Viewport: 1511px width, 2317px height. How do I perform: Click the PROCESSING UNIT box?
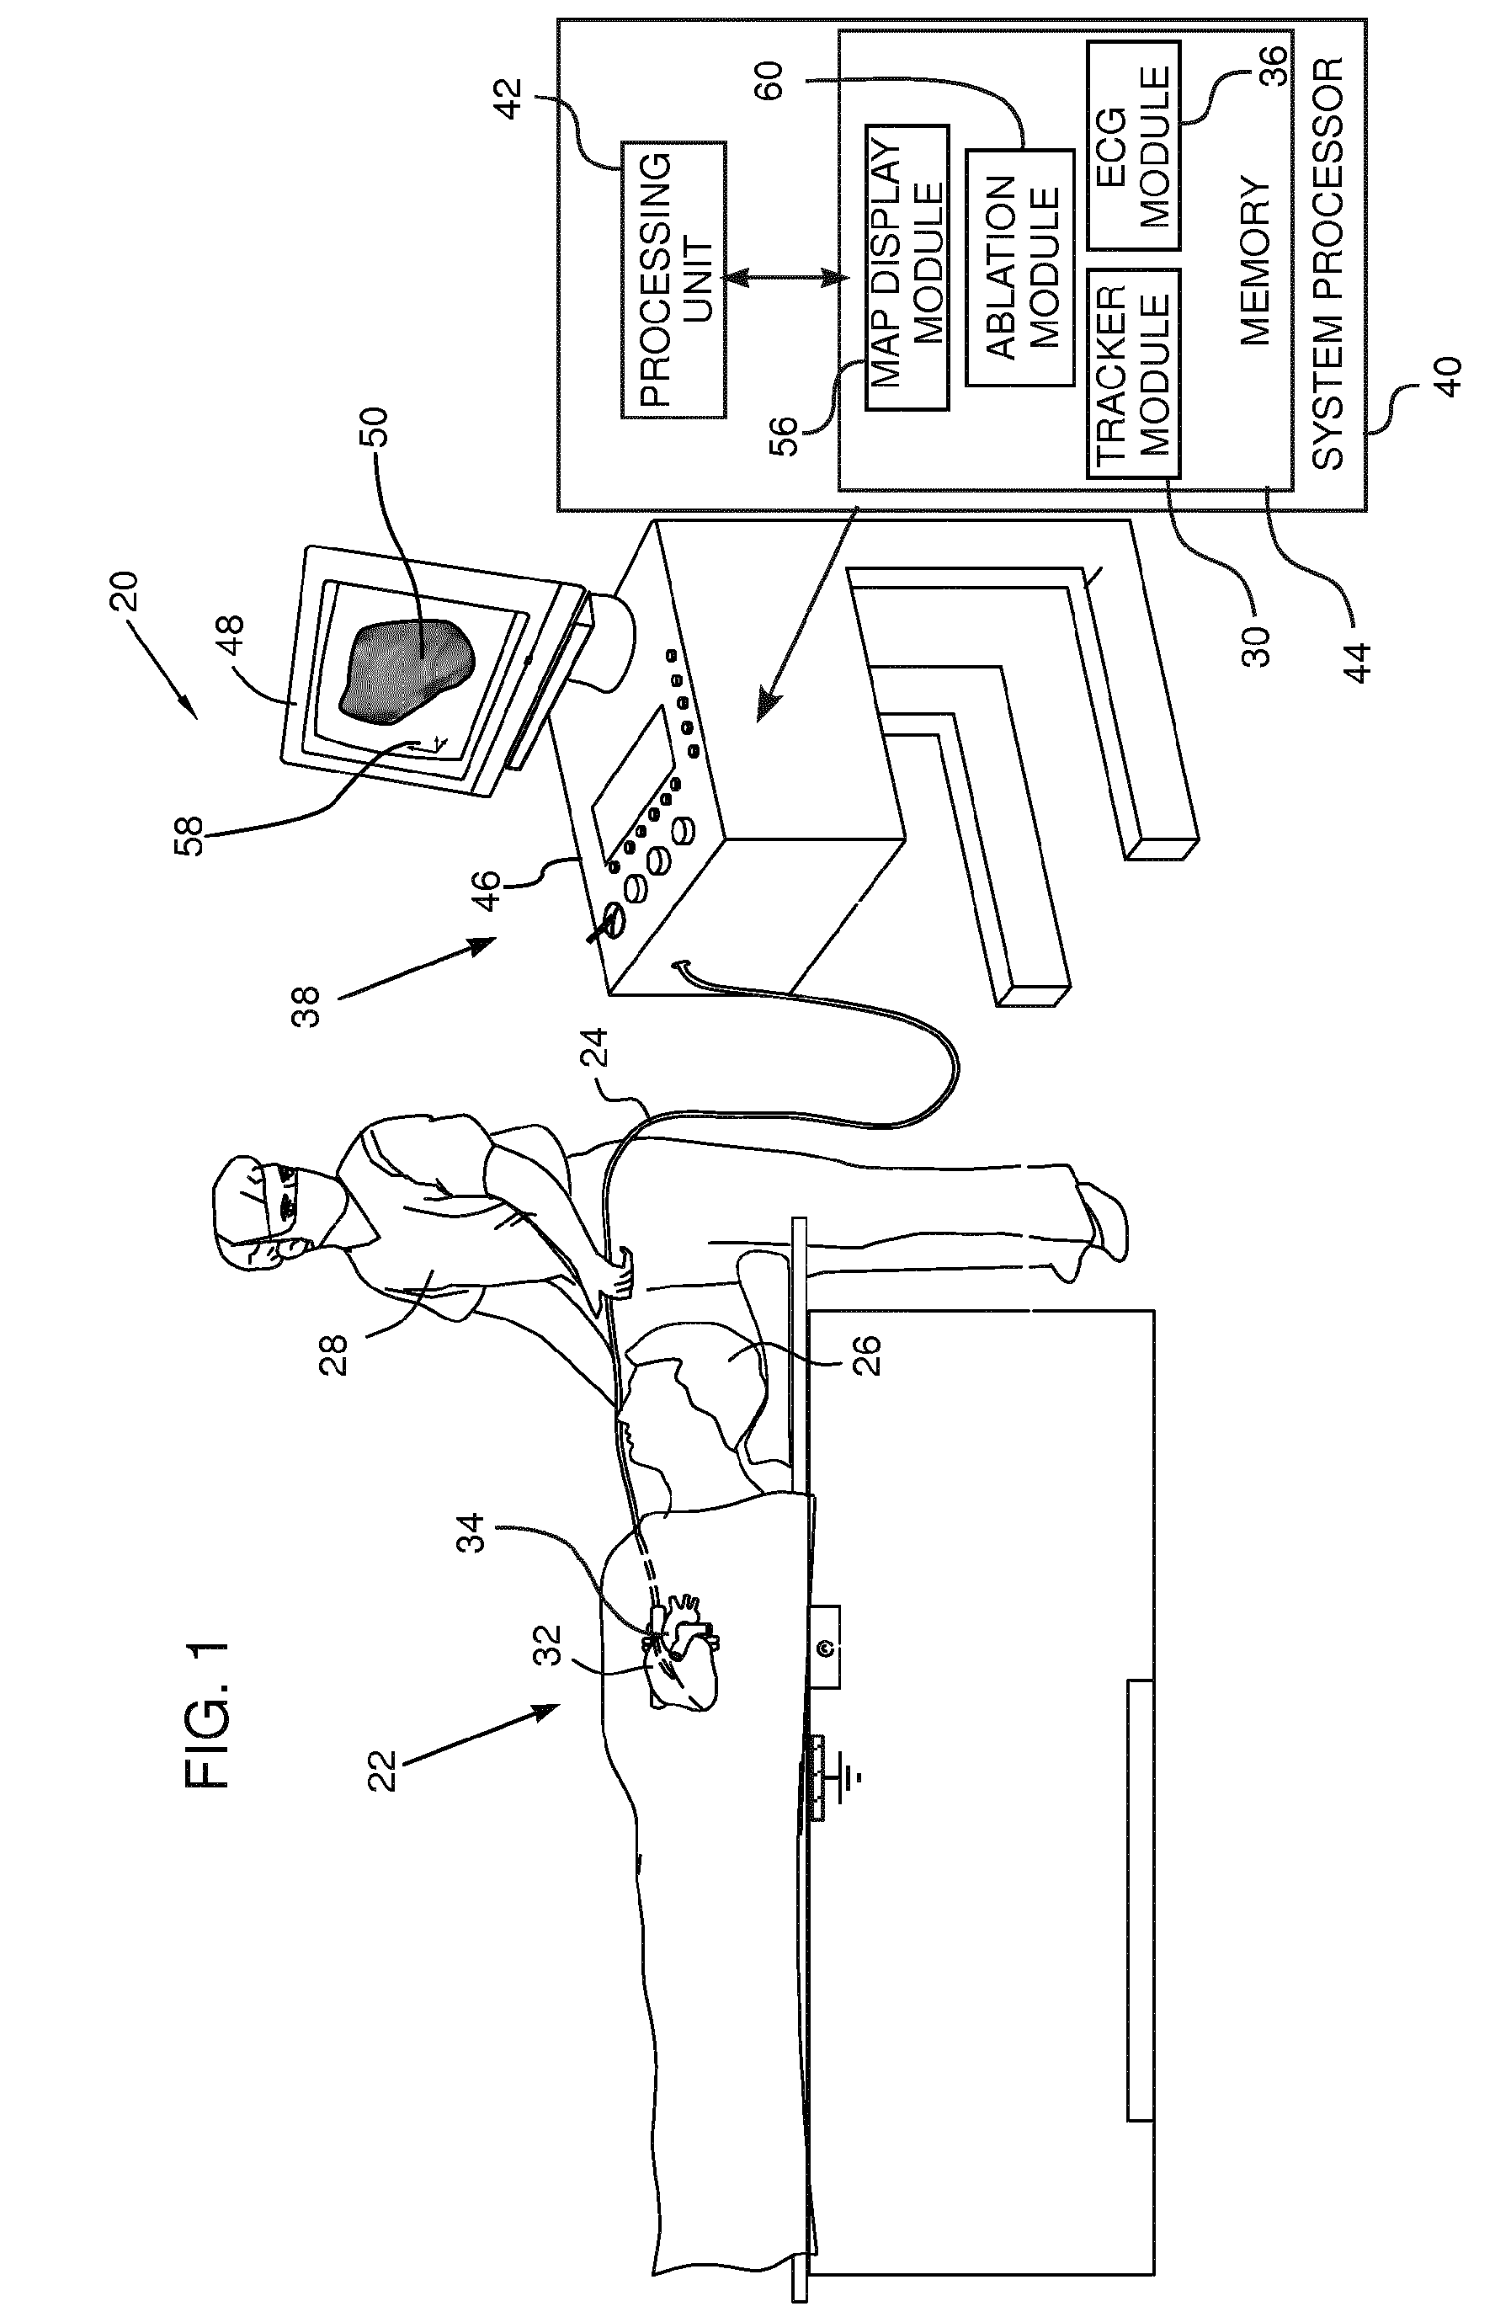[673, 280]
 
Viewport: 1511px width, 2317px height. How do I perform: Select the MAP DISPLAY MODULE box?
[907, 267]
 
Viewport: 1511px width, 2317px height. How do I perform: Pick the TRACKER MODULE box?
[1132, 373]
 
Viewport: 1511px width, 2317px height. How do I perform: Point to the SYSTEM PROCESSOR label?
[1327, 263]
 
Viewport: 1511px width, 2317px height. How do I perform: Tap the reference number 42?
[509, 98]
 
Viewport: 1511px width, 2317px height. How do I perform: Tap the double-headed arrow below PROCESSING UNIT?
[784, 279]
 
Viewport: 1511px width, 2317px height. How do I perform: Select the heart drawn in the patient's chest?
[682, 1651]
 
